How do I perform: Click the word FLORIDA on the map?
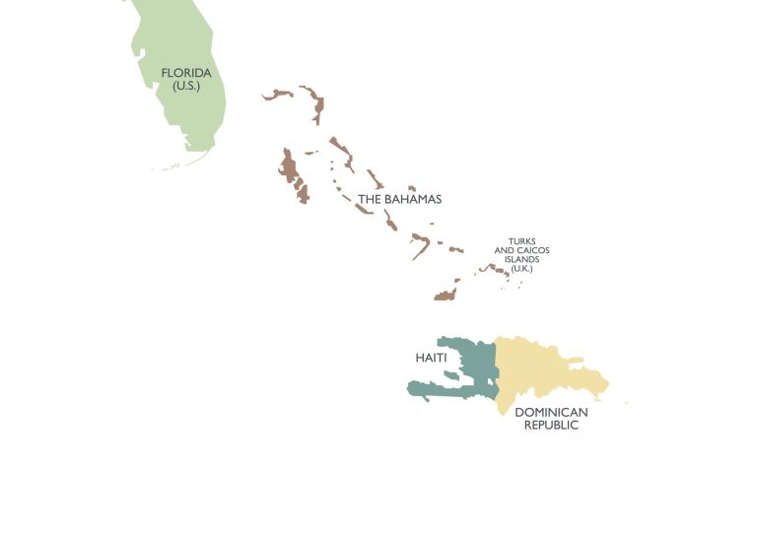click(x=186, y=72)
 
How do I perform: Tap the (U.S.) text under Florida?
click(x=186, y=86)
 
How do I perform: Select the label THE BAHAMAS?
click(x=399, y=199)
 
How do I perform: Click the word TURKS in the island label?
click(x=521, y=240)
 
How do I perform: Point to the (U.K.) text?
click(x=521, y=269)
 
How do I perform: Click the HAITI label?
click(x=431, y=358)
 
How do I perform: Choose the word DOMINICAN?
click(x=551, y=412)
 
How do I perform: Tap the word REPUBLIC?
click(x=551, y=426)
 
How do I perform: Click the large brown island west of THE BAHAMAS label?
click(x=290, y=172)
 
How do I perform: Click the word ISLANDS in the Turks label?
click(x=521, y=260)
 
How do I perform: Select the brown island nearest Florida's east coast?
click(x=278, y=95)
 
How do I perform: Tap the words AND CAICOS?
click(x=521, y=250)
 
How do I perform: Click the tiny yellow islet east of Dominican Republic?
click(x=626, y=402)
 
